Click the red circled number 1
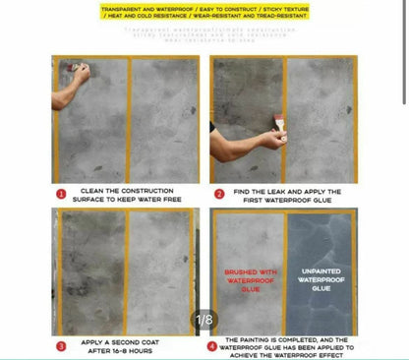click(x=61, y=194)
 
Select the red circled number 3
click(x=61, y=345)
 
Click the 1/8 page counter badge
click(x=204, y=320)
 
